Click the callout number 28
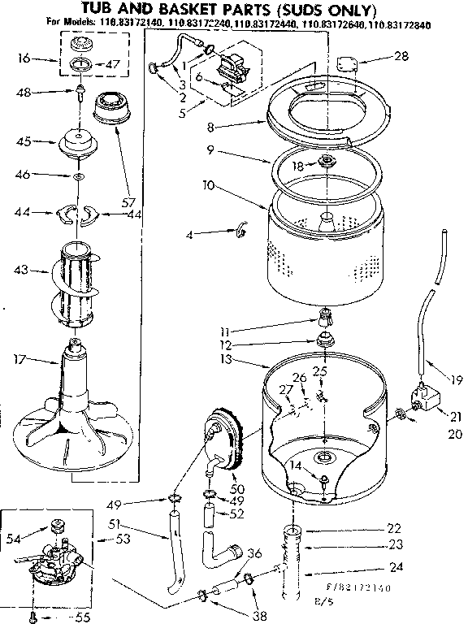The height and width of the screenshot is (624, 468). point(401,56)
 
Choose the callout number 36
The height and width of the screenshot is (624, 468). point(254,553)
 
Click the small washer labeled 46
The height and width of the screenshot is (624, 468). point(79,176)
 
